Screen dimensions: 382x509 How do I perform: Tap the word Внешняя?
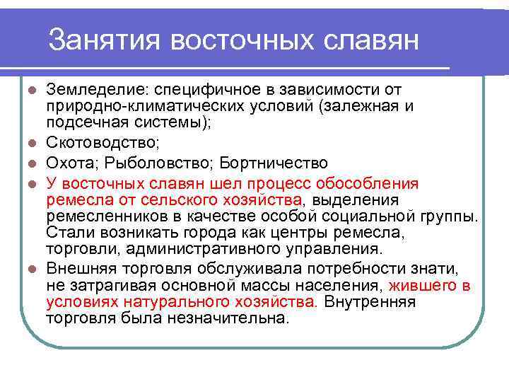pyautogui.click(x=81, y=270)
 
